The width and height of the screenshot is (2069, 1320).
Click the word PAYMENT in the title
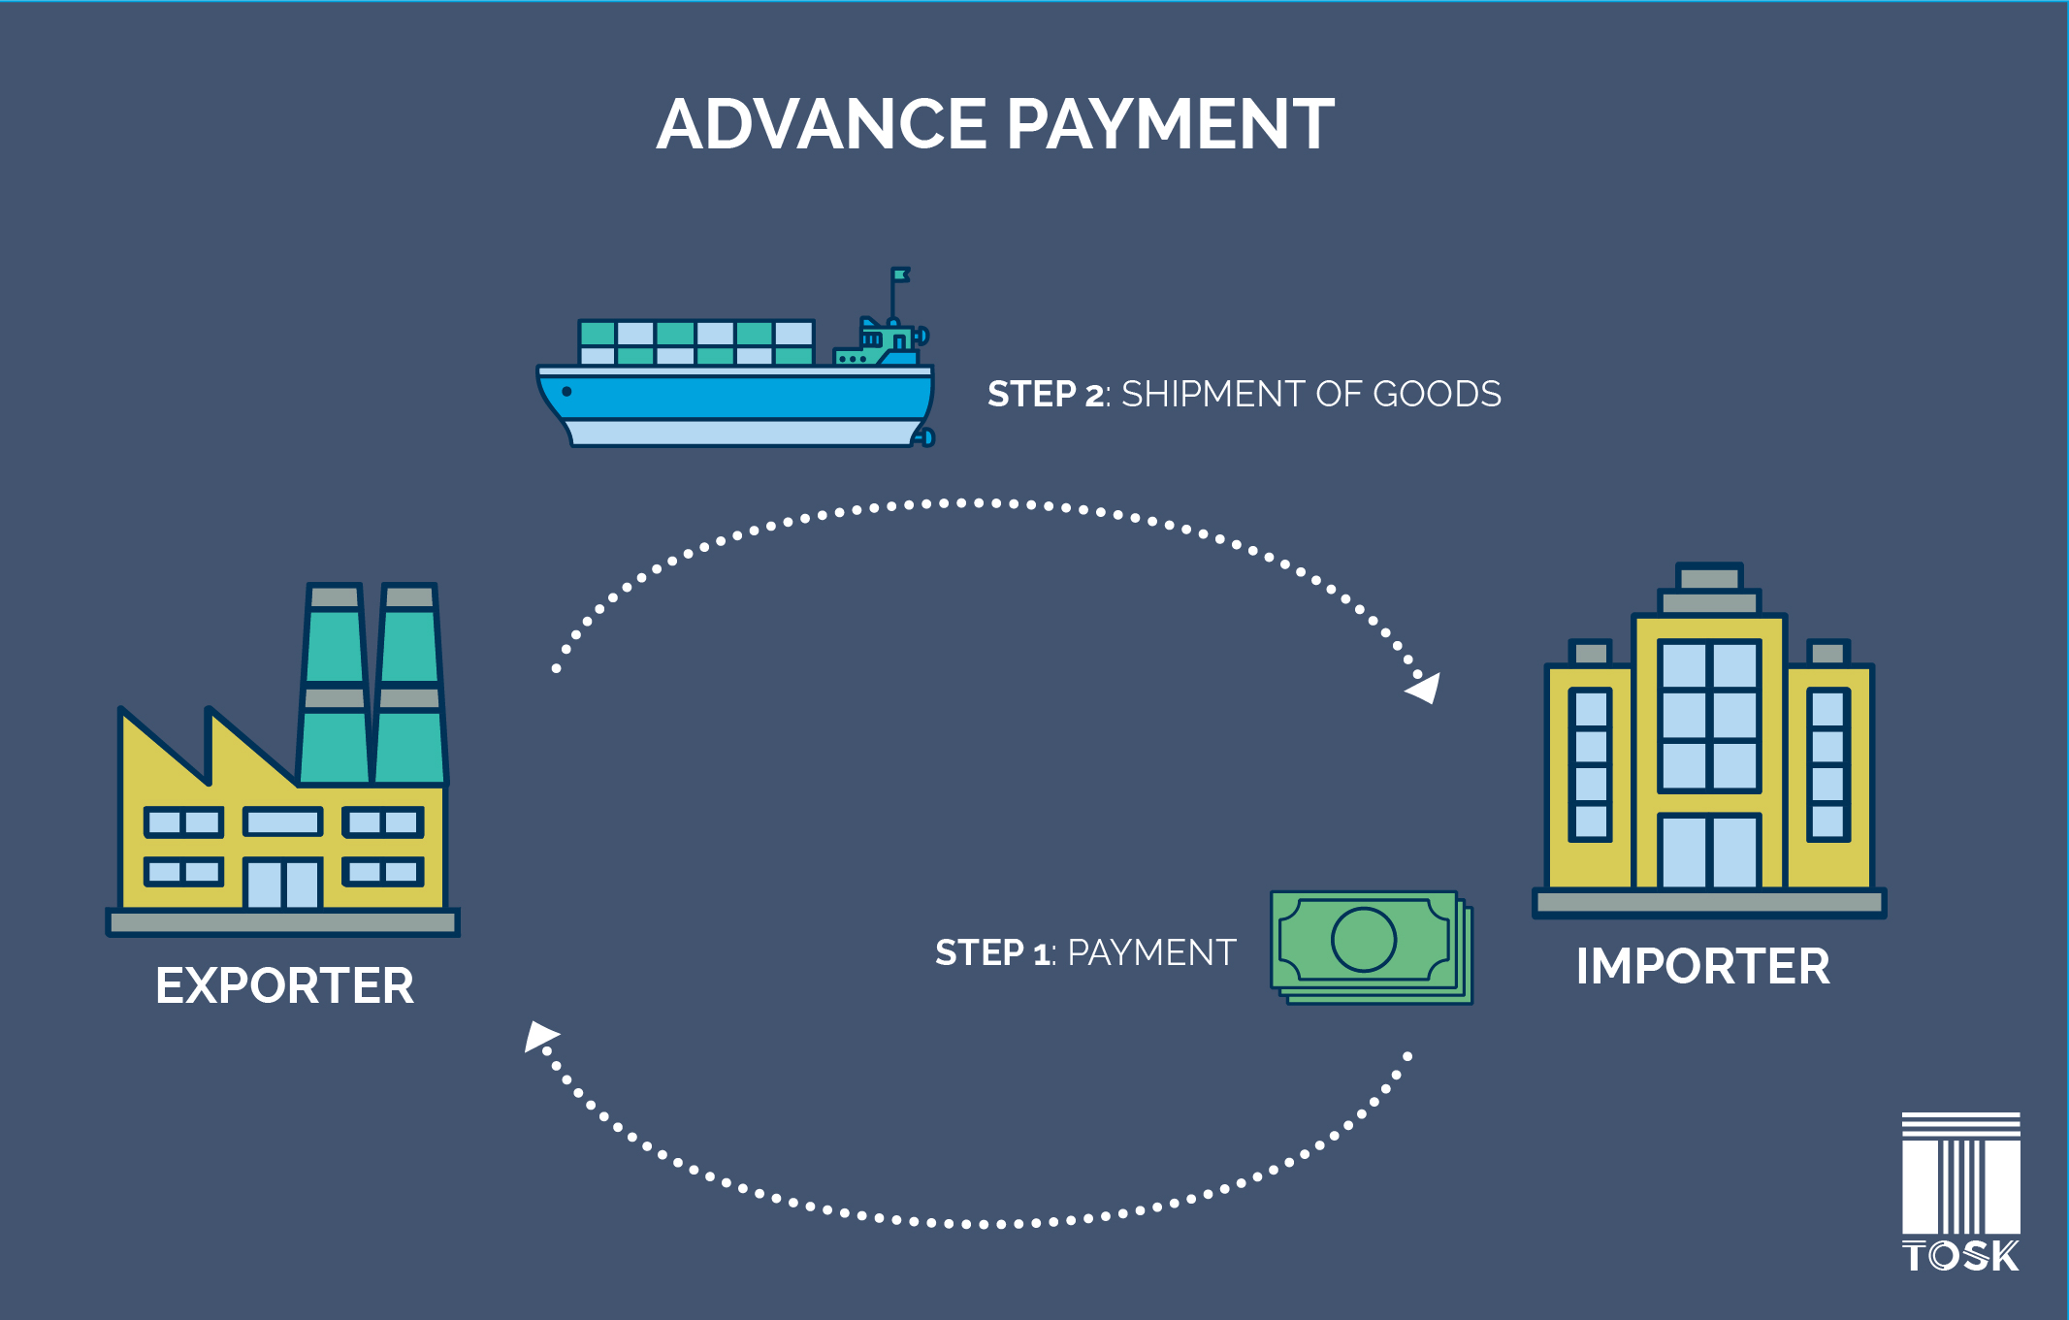[1170, 125]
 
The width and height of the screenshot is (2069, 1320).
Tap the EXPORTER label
[284, 986]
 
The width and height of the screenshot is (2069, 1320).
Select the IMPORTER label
[1702, 967]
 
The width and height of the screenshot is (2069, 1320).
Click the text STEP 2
[1045, 395]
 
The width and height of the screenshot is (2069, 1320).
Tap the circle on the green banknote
[1363, 939]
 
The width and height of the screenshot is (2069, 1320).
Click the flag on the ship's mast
[901, 275]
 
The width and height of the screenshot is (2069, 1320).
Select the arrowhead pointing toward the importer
[1425, 689]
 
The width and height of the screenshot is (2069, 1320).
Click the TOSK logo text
[1960, 1256]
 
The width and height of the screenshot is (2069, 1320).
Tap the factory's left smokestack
[335, 684]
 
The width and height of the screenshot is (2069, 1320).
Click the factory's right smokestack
[409, 684]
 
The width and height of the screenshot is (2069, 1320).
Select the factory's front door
[282, 884]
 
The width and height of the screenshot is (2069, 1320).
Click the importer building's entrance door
[1708, 852]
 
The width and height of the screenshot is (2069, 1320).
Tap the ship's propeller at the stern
[925, 437]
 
